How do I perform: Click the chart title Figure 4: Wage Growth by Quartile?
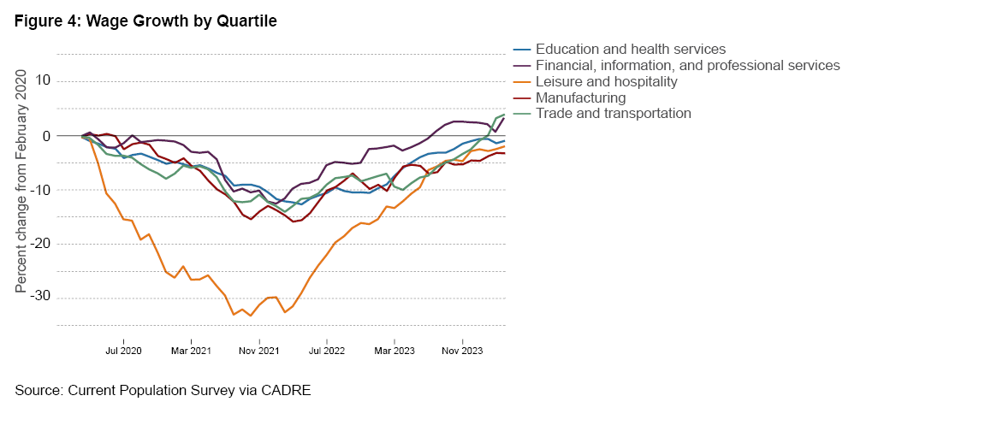click(x=145, y=22)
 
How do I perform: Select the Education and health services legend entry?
click(x=630, y=49)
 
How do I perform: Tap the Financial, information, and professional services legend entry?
click(x=687, y=65)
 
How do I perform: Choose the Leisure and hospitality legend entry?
click(x=606, y=81)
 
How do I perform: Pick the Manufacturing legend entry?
click(x=580, y=97)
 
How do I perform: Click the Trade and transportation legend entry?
click(x=613, y=113)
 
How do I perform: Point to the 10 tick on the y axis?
click(x=43, y=81)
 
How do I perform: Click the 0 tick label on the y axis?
click(x=47, y=136)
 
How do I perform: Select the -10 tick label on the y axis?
click(x=40, y=190)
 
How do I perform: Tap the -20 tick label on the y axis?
click(x=40, y=244)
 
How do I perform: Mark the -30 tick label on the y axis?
click(x=40, y=298)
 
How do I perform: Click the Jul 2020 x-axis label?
click(x=123, y=350)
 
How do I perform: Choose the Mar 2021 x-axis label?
click(x=191, y=350)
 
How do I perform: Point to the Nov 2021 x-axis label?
click(x=258, y=350)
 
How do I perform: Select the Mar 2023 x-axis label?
click(x=394, y=350)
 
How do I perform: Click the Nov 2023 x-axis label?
click(x=461, y=350)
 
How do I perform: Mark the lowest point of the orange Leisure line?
click(x=250, y=316)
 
